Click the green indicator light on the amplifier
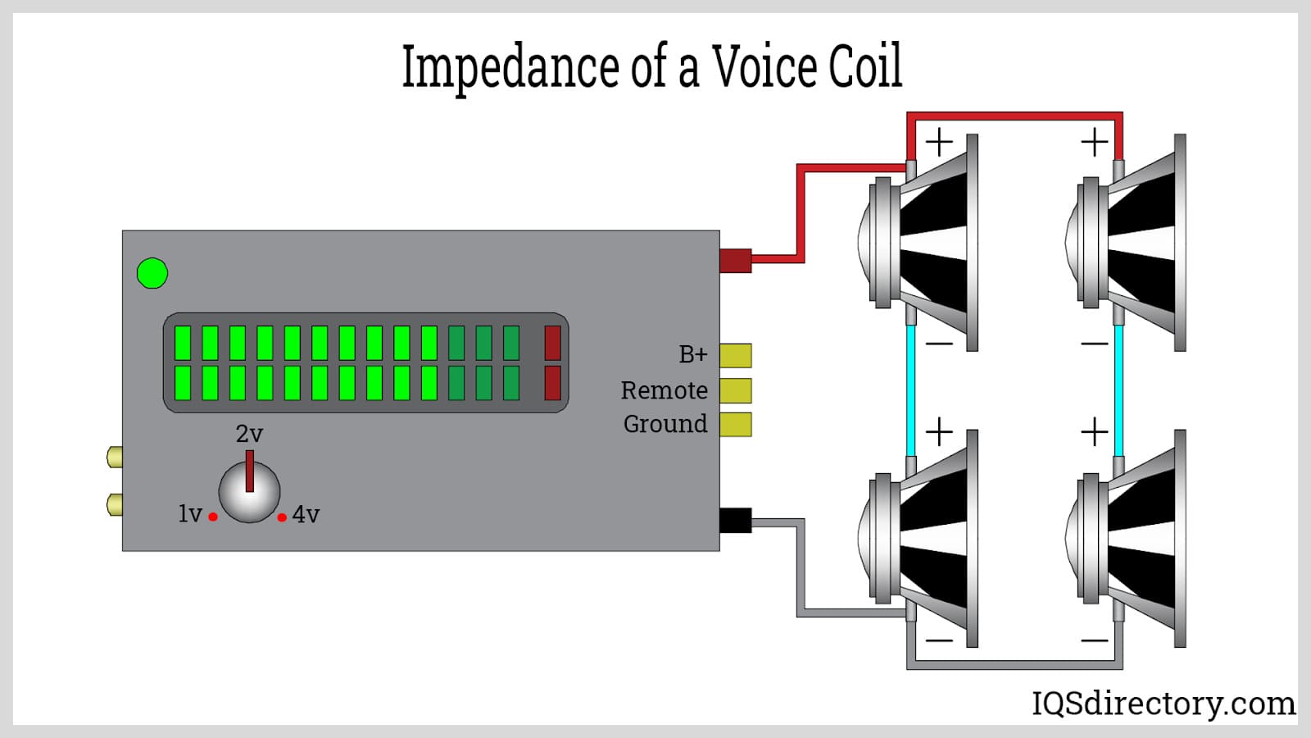tap(152, 273)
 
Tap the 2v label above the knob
tap(249, 434)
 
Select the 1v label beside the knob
tap(189, 514)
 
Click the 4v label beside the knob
tap(306, 515)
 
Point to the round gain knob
tap(249, 492)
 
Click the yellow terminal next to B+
tap(736, 355)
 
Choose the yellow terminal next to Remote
tap(736, 390)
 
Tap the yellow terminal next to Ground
tap(736, 424)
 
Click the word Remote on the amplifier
tap(664, 390)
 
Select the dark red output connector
tap(736, 260)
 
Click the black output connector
tap(736, 520)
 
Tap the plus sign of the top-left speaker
tap(939, 143)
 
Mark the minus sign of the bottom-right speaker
tap(1095, 640)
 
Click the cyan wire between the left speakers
tap(910, 389)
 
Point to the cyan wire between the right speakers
tap(1118, 389)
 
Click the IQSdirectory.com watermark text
tap(1163, 704)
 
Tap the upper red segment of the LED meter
tap(553, 343)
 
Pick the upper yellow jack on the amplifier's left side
tap(115, 457)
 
